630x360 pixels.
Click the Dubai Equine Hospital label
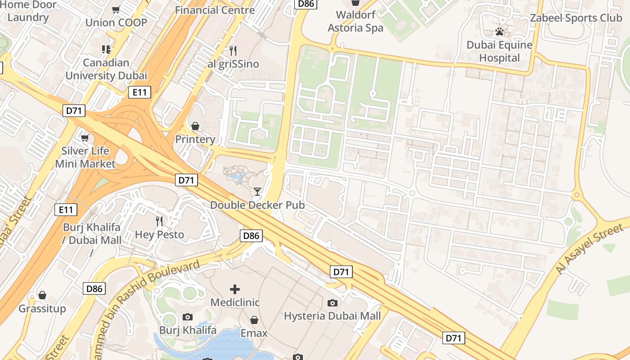coord(499,51)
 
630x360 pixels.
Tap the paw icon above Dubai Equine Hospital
coord(499,32)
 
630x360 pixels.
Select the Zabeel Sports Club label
coord(576,18)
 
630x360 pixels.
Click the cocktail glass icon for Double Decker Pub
coord(257,192)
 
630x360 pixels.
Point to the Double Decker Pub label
coord(257,205)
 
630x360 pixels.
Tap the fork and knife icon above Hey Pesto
coord(159,221)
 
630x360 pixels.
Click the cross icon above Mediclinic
coord(235,289)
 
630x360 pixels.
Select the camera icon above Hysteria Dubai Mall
coord(332,303)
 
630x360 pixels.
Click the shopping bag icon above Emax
coord(254,320)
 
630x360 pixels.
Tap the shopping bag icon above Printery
coord(195,126)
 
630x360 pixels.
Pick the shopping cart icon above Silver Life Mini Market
coord(85,138)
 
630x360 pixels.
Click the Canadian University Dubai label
coord(106,69)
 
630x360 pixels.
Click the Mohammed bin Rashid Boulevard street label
coord(148,292)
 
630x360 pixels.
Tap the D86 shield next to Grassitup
coord(94,288)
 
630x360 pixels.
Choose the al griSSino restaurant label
coord(233,64)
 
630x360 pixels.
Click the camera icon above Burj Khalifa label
coord(188,317)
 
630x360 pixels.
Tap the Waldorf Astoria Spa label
coord(355,21)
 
